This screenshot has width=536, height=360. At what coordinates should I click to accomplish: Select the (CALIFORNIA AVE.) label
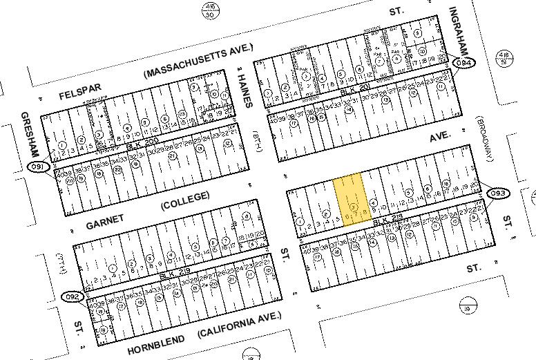tap(240, 324)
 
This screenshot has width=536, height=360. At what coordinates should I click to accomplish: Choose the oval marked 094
tap(464, 63)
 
